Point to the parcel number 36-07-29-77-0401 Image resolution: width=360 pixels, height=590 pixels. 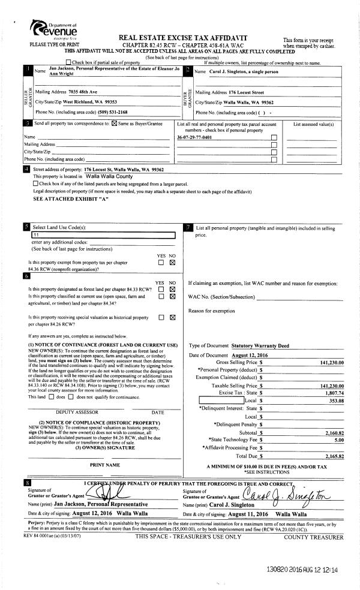(x=194, y=137)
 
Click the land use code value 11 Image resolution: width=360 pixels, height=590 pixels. (x=36, y=235)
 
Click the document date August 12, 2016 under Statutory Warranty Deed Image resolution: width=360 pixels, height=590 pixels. (x=249, y=355)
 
